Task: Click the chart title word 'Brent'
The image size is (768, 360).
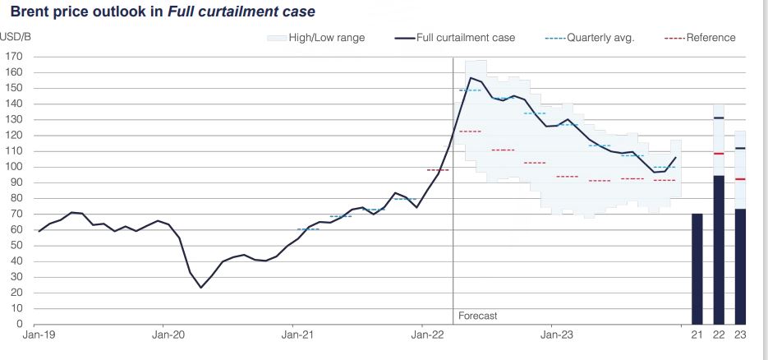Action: pos(30,12)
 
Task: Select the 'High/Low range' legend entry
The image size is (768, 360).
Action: pos(326,38)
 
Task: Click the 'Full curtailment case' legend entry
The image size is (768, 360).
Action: pos(464,38)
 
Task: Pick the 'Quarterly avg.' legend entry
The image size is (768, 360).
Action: pos(600,38)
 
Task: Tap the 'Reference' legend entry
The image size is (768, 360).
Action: pos(711,38)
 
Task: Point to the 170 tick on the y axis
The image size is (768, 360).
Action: pos(13,57)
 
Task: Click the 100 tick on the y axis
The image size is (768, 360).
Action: pos(13,167)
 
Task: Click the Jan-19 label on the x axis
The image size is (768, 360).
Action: pos(39,335)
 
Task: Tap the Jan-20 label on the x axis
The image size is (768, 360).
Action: pos(168,335)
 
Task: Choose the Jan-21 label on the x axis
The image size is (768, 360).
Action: pos(297,335)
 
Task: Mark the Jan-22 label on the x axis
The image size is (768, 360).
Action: pos(425,335)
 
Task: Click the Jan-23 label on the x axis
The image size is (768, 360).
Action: pos(553,335)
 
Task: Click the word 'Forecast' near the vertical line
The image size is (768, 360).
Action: pos(477,316)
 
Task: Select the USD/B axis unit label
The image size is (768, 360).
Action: pos(15,37)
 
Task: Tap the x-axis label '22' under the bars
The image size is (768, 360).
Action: pos(719,335)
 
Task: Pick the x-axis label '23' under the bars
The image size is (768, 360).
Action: pos(740,335)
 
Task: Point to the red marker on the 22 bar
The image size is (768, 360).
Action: pos(719,154)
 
